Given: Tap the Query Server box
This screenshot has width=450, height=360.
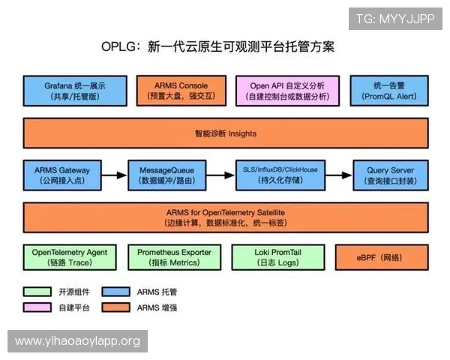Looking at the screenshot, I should coord(390,175).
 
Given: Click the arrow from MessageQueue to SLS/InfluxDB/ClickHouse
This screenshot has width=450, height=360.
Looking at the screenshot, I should coord(221,175).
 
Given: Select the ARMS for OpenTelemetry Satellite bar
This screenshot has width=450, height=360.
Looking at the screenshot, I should coord(225,217).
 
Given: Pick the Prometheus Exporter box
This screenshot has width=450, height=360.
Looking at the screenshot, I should coord(174,257).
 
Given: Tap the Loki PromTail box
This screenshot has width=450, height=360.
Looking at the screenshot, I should coord(277,257).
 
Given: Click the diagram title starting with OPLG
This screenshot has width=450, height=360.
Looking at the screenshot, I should coord(217,46).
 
